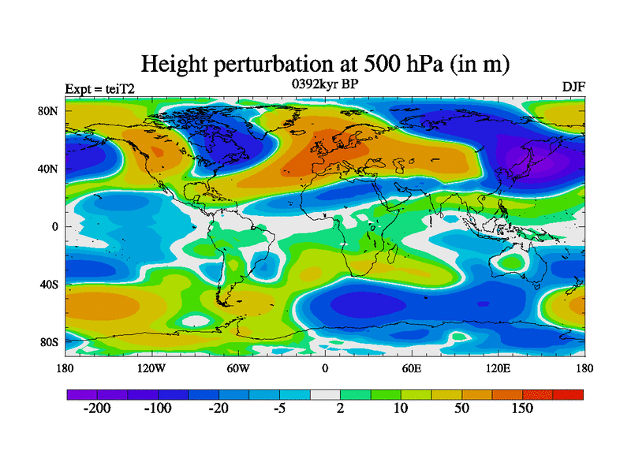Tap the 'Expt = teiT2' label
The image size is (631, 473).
click(x=99, y=88)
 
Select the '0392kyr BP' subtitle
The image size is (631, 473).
click(x=324, y=84)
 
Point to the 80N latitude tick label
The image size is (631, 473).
click(x=50, y=111)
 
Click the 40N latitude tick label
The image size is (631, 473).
click(x=50, y=169)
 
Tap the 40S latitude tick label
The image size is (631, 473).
click(x=50, y=285)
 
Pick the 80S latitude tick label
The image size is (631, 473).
click(x=50, y=342)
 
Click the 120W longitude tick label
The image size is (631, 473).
click(x=151, y=368)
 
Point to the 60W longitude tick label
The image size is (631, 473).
click(x=238, y=368)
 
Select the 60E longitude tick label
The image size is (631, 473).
click(x=412, y=368)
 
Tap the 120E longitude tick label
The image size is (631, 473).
click(x=498, y=368)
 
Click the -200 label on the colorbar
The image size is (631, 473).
click(x=98, y=408)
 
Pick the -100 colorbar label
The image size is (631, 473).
click(x=159, y=408)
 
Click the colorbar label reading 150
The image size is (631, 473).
click(x=523, y=408)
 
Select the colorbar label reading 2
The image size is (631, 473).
click(x=340, y=408)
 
